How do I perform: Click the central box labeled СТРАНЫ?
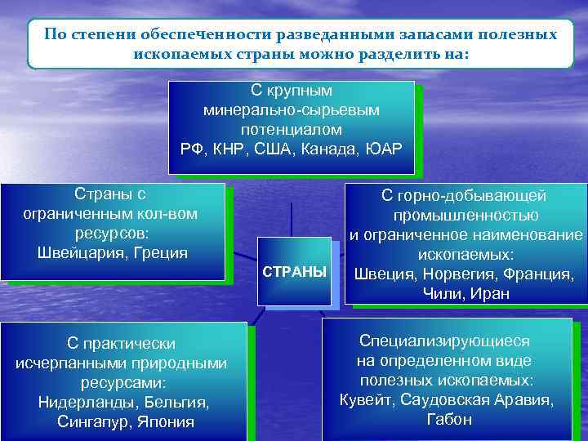coord(293,271)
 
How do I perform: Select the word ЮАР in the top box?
coord(384,149)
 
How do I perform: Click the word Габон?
coord(448,420)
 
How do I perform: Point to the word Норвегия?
coord(453,274)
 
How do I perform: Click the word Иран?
coord(491,294)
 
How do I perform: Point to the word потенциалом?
coord(292,129)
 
